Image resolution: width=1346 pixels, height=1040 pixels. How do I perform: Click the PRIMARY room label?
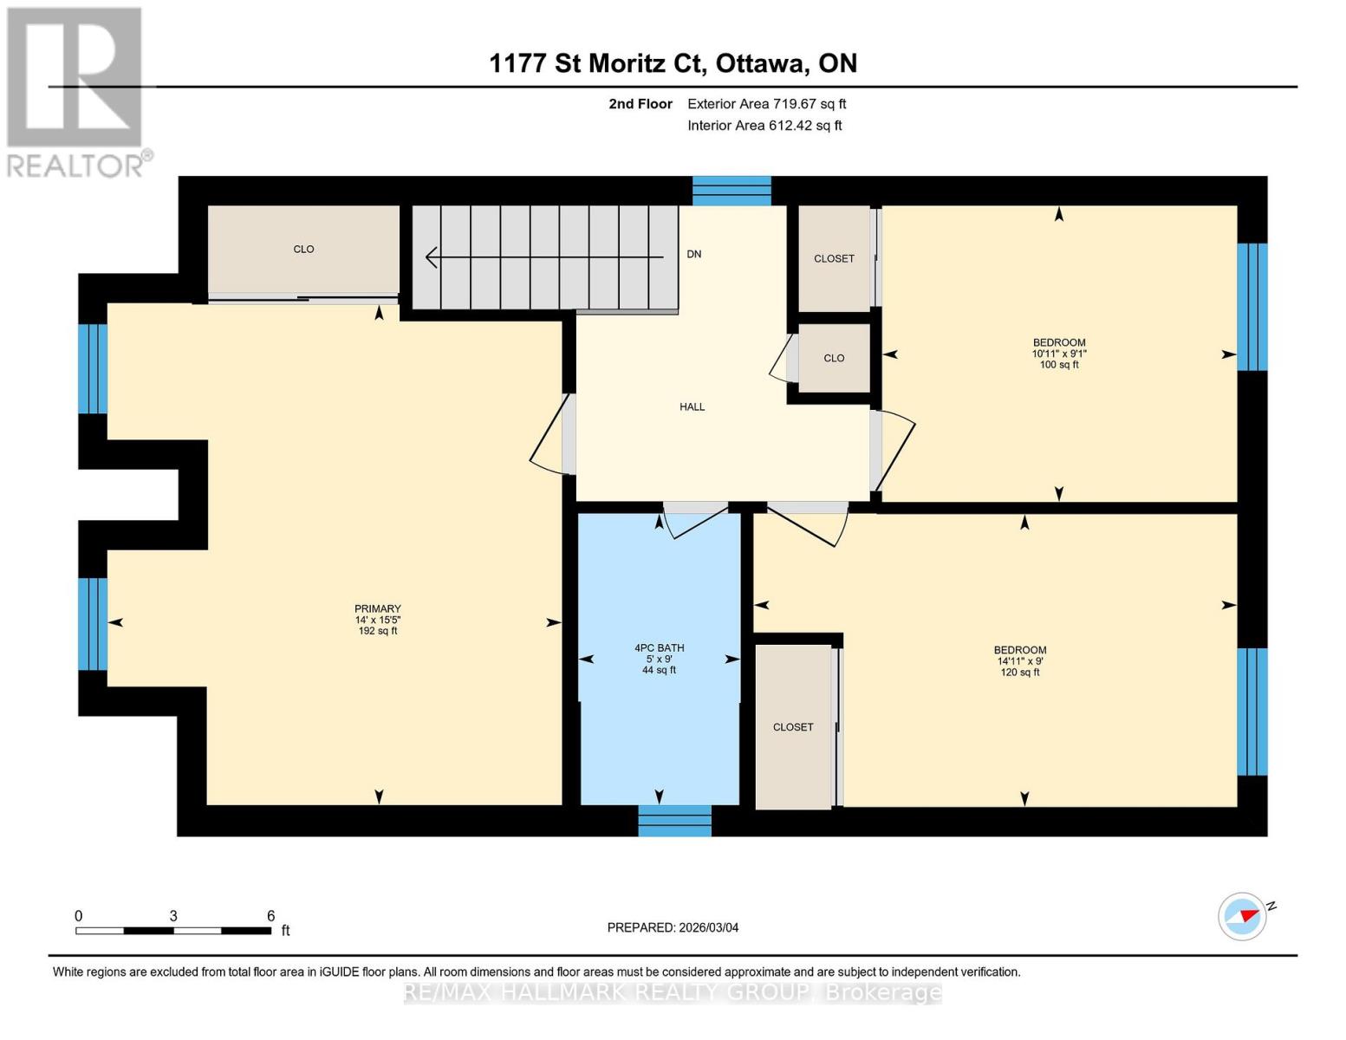click(x=377, y=608)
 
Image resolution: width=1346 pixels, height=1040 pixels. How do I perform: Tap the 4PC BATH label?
click(x=659, y=647)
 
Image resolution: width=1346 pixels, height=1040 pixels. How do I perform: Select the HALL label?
click(x=692, y=406)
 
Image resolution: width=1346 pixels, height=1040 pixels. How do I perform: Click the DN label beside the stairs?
click(x=693, y=254)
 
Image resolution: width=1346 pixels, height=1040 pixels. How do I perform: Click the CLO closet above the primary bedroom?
click(x=303, y=250)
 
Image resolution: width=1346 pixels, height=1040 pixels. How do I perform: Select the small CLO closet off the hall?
click(x=834, y=358)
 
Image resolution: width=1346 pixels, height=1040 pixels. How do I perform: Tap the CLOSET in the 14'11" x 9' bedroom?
click(x=793, y=727)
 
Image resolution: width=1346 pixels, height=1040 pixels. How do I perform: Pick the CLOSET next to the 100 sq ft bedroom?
click(x=834, y=258)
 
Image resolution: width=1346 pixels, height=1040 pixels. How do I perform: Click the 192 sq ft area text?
click(x=377, y=631)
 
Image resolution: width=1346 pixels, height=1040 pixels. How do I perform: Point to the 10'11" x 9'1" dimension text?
click(x=1058, y=354)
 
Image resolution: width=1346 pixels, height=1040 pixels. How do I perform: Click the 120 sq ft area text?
click(x=1019, y=672)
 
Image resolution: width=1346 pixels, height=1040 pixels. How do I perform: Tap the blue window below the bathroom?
click(x=674, y=821)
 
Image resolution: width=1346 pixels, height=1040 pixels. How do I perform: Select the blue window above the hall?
click(x=732, y=191)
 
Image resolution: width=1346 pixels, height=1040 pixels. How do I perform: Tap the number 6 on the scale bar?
click(x=270, y=916)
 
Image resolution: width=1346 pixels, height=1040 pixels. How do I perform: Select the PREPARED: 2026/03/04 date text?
click(x=673, y=927)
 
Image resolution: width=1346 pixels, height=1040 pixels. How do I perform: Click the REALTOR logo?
click(x=76, y=91)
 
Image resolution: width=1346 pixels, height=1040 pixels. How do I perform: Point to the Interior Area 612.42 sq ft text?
click(x=764, y=125)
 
